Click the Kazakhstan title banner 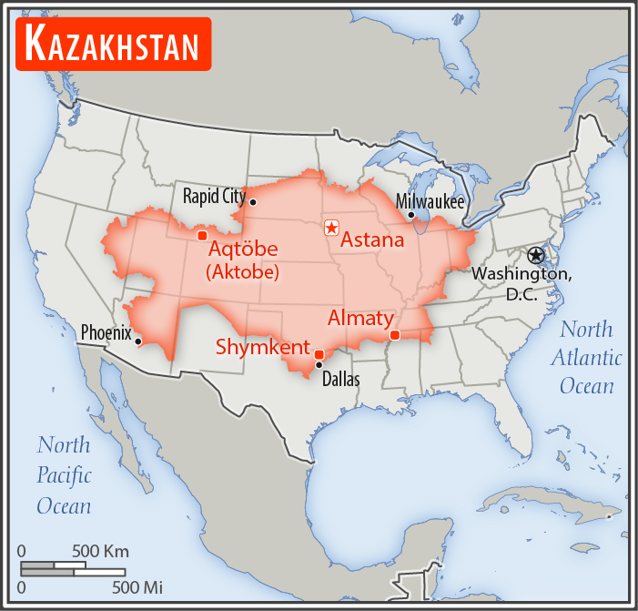pyautogui.click(x=113, y=43)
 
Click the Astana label pyautogui.click(x=371, y=240)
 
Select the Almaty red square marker pyautogui.click(x=394, y=335)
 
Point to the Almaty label pyautogui.click(x=360, y=319)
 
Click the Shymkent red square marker pyautogui.click(x=319, y=354)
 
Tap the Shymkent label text pyautogui.click(x=262, y=347)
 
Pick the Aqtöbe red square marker pyautogui.click(x=202, y=236)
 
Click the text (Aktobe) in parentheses pyautogui.click(x=242, y=272)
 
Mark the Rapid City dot pyautogui.click(x=253, y=202)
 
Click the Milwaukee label pyautogui.click(x=430, y=201)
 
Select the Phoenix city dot pyautogui.click(x=138, y=341)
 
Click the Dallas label pyautogui.click(x=341, y=379)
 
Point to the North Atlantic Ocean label pyautogui.click(x=587, y=358)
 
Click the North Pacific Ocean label pyautogui.click(x=64, y=474)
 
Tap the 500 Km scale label pyautogui.click(x=100, y=551)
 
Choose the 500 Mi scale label pyautogui.click(x=137, y=587)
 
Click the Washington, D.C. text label pyautogui.click(x=522, y=283)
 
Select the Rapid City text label pyautogui.click(x=214, y=195)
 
